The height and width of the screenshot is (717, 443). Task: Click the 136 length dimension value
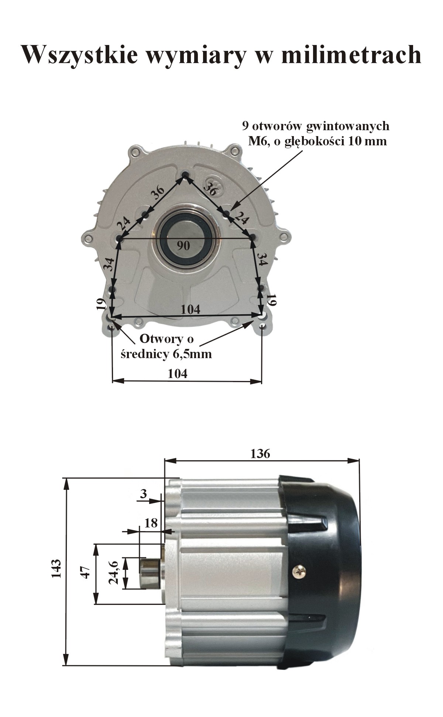click(260, 453)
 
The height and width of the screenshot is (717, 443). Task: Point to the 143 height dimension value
click(56, 568)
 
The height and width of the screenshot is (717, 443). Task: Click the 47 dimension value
click(86, 572)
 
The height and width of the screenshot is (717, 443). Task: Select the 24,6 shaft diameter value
click(113, 572)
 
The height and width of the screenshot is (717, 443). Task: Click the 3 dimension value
click(144, 493)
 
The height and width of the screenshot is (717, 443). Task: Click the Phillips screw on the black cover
click(299, 572)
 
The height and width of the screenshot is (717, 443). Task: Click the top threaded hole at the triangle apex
click(186, 175)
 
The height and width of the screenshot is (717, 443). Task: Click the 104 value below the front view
click(178, 374)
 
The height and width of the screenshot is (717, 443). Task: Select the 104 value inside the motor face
click(190, 309)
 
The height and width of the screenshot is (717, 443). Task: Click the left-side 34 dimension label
click(109, 264)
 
